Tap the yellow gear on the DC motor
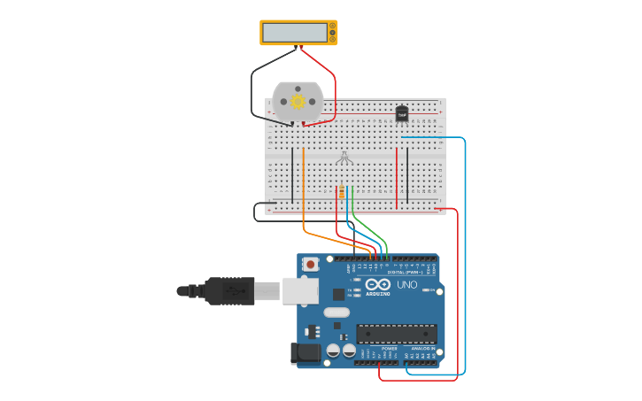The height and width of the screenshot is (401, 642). (x=298, y=103)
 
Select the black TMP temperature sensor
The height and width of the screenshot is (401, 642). (x=402, y=113)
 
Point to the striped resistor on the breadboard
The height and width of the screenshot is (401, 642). (x=343, y=191)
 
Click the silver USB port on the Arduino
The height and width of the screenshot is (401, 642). (x=300, y=289)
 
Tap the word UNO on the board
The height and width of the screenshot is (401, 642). (x=406, y=285)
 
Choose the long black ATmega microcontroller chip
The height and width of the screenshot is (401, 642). (x=396, y=334)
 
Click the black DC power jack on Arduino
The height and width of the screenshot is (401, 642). (x=306, y=353)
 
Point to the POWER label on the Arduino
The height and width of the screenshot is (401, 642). (x=390, y=349)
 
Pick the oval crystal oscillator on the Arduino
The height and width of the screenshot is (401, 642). (x=336, y=312)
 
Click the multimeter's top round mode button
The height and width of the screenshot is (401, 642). (x=332, y=26)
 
